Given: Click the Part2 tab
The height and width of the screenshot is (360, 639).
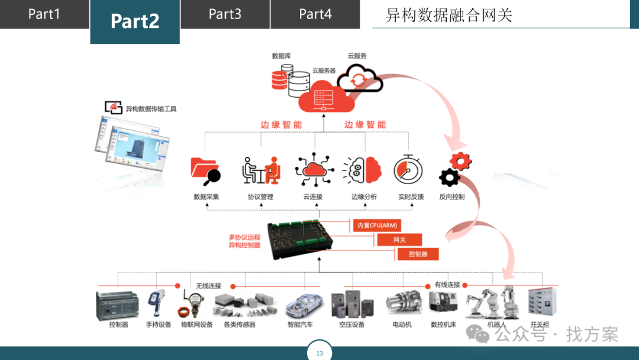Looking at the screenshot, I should pos(135,21).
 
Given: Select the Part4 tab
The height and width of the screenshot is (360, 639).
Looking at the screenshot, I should pos(315,14).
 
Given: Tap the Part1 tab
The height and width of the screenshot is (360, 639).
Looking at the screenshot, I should pos(44,14).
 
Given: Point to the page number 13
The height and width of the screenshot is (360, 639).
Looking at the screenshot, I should pos(319,353).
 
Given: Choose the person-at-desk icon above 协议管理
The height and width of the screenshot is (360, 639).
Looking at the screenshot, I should pos(261,171).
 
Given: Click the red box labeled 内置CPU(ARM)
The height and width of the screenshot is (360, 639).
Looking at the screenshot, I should pos(377,225).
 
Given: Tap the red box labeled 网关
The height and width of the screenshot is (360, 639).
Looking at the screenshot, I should pos(399,240).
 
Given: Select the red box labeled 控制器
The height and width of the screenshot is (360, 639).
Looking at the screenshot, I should pos(418,254).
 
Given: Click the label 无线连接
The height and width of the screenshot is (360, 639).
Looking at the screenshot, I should pos(208,286).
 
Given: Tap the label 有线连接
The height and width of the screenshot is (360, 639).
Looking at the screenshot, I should pos(447,285).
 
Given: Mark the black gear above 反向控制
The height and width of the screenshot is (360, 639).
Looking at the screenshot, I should pos(450,177).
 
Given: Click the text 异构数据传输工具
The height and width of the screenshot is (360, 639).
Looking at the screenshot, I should pos(151,109).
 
